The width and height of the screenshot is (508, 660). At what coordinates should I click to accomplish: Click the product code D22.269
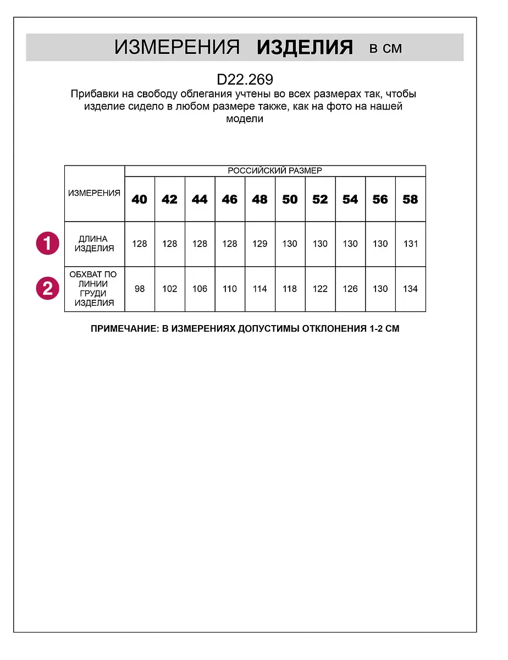click(x=245, y=80)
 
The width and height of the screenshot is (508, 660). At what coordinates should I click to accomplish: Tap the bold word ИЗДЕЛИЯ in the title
click(x=305, y=48)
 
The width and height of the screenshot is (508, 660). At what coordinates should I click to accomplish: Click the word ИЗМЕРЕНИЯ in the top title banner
click(x=177, y=48)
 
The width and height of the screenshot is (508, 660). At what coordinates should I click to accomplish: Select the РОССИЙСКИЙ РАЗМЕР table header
click(x=275, y=170)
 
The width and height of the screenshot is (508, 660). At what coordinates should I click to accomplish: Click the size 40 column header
click(x=140, y=199)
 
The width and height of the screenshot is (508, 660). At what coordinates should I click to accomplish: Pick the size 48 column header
click(x=259, y=199)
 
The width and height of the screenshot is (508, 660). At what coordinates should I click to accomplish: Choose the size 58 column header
click(x=410, y=199)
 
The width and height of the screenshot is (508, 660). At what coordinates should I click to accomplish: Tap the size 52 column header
click(x=320, y=199)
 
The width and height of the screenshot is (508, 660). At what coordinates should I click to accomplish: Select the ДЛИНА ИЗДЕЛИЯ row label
click(x=94, y=244)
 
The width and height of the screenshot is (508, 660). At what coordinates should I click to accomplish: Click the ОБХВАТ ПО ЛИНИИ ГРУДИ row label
click(x=94, y=289)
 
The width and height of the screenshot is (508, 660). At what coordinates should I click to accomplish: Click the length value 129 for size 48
click(x=259, y=244)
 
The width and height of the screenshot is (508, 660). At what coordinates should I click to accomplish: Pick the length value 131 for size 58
click(x=410, y=244)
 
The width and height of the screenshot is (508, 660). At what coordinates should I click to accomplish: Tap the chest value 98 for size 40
click(x=140, y=289)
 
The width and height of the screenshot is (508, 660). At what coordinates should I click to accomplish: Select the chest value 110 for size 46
click(x=230, y=289)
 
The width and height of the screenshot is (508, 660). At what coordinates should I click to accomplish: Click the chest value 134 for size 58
click(x=410, y=289)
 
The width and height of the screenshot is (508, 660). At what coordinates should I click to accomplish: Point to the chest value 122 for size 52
click(x=320, y=289)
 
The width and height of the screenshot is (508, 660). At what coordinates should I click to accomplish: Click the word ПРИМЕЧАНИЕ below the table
click(x=122, y=329)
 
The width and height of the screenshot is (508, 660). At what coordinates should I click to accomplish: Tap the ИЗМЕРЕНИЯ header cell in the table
click(x=94, y=194)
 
